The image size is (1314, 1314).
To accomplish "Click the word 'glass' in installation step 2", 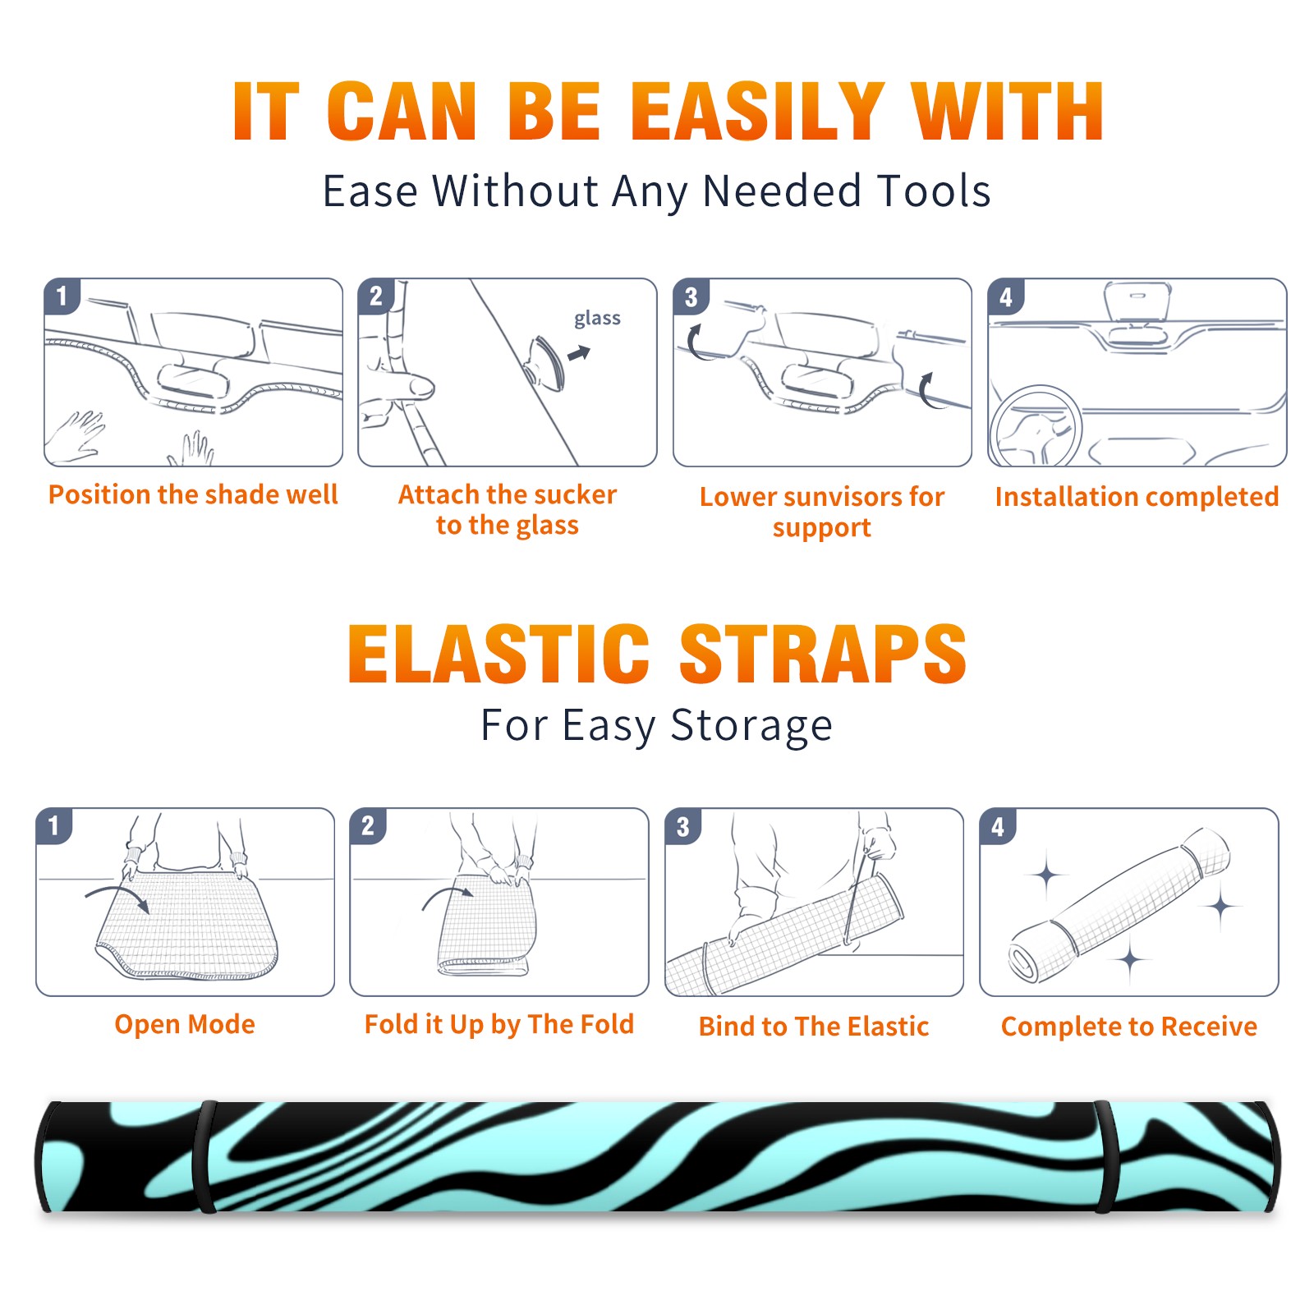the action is click(597, 318).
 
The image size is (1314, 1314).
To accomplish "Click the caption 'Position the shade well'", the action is click(193, 494).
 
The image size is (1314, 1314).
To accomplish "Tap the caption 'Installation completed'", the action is click(1137, 497).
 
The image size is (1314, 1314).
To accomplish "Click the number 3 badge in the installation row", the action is click(691, 296).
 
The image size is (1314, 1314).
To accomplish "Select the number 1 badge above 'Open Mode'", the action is click(54, 825).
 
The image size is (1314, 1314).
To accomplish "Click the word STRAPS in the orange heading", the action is click(823, 654).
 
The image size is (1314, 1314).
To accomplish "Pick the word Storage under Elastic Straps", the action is click(751, 726).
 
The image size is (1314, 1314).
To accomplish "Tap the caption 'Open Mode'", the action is click(185, 1024).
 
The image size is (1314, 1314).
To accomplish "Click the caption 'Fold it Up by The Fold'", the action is click(499, 1024).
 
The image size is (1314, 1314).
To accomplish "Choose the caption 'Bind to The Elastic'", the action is click(814, 1027).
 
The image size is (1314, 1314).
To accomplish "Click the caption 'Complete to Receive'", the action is click(1129, 1027).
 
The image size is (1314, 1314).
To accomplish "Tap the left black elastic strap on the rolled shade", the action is click(204, 1156).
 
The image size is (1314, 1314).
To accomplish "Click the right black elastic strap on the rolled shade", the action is click(1105, 1156).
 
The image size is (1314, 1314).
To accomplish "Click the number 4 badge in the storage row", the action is click(998, 826).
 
